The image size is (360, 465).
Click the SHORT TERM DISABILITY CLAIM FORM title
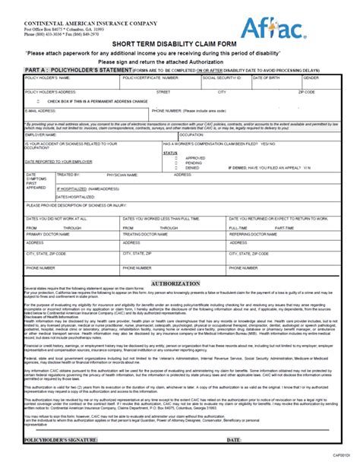(x=180, y=45)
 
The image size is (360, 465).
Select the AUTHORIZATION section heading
(x=180, y=281)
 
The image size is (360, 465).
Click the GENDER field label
(x=311, y=77)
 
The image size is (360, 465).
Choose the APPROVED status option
(x=175, y=158)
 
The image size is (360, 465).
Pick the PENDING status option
(x=175, y=163)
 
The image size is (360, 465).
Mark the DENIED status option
(x=175, y=167)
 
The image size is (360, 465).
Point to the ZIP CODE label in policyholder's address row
(x=306, y=91)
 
